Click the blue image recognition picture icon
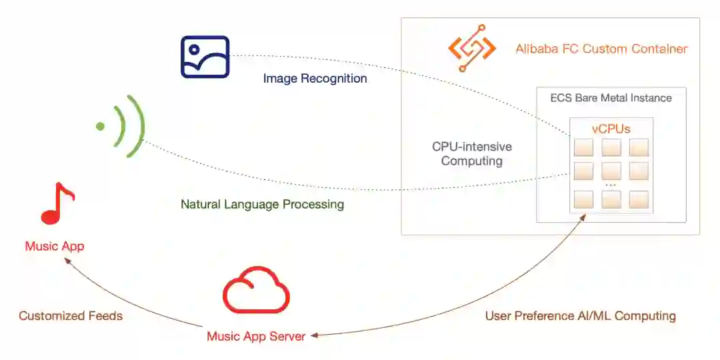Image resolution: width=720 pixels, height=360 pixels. click(205, 57)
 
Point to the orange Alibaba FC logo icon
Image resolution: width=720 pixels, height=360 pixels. click(472, 49)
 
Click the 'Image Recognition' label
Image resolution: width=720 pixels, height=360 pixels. click(315, 79)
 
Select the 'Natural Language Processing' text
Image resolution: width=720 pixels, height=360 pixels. click(262, 204)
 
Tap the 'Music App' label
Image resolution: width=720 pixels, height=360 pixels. click(55, 246)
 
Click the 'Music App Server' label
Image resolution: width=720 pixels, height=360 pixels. click(256, 336)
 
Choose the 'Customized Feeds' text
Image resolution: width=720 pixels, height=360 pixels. click(71, 315)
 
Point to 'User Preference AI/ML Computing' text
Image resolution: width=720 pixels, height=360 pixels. click(580, 315)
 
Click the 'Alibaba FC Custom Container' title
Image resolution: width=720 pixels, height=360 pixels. click(601, 49)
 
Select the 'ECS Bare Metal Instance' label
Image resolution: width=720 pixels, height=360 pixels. click(611, 98)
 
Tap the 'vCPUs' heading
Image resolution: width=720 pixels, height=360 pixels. click(611, 129)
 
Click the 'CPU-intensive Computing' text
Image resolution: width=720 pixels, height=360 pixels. click(472, 153)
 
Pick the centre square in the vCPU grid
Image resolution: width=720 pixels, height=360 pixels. click(611, 171)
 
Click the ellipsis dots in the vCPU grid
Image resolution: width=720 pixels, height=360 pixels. click(611, 185)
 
